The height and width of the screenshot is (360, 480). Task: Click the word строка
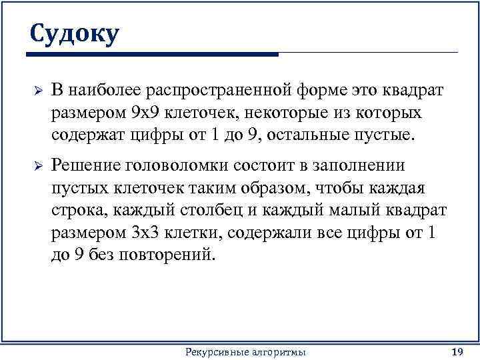coord(79,211)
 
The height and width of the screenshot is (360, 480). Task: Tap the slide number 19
coord(457,351)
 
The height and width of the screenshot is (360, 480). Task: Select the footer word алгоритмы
coord(279,351)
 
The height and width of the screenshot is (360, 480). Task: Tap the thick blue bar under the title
coord(153,54)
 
